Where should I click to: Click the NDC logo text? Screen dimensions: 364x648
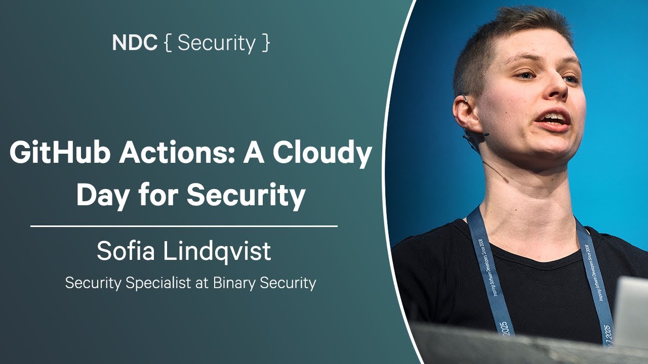coord(135,43)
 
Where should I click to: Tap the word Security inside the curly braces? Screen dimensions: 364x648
coord(217,43)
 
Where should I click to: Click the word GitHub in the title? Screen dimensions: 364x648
coord(60,153)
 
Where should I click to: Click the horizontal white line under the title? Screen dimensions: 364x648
coord(184,226)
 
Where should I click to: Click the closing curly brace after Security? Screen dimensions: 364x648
coord(265,43)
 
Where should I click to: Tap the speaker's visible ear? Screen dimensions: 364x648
coord(465,114)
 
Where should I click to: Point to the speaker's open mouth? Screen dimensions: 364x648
coord(553,119)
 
